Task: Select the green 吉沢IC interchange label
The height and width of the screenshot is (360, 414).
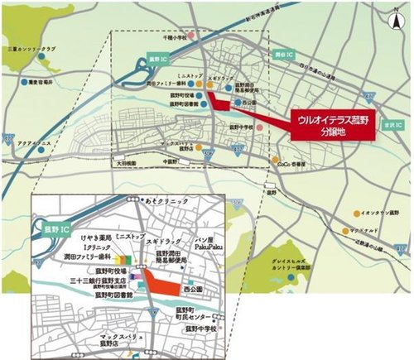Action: coord(392,124)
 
